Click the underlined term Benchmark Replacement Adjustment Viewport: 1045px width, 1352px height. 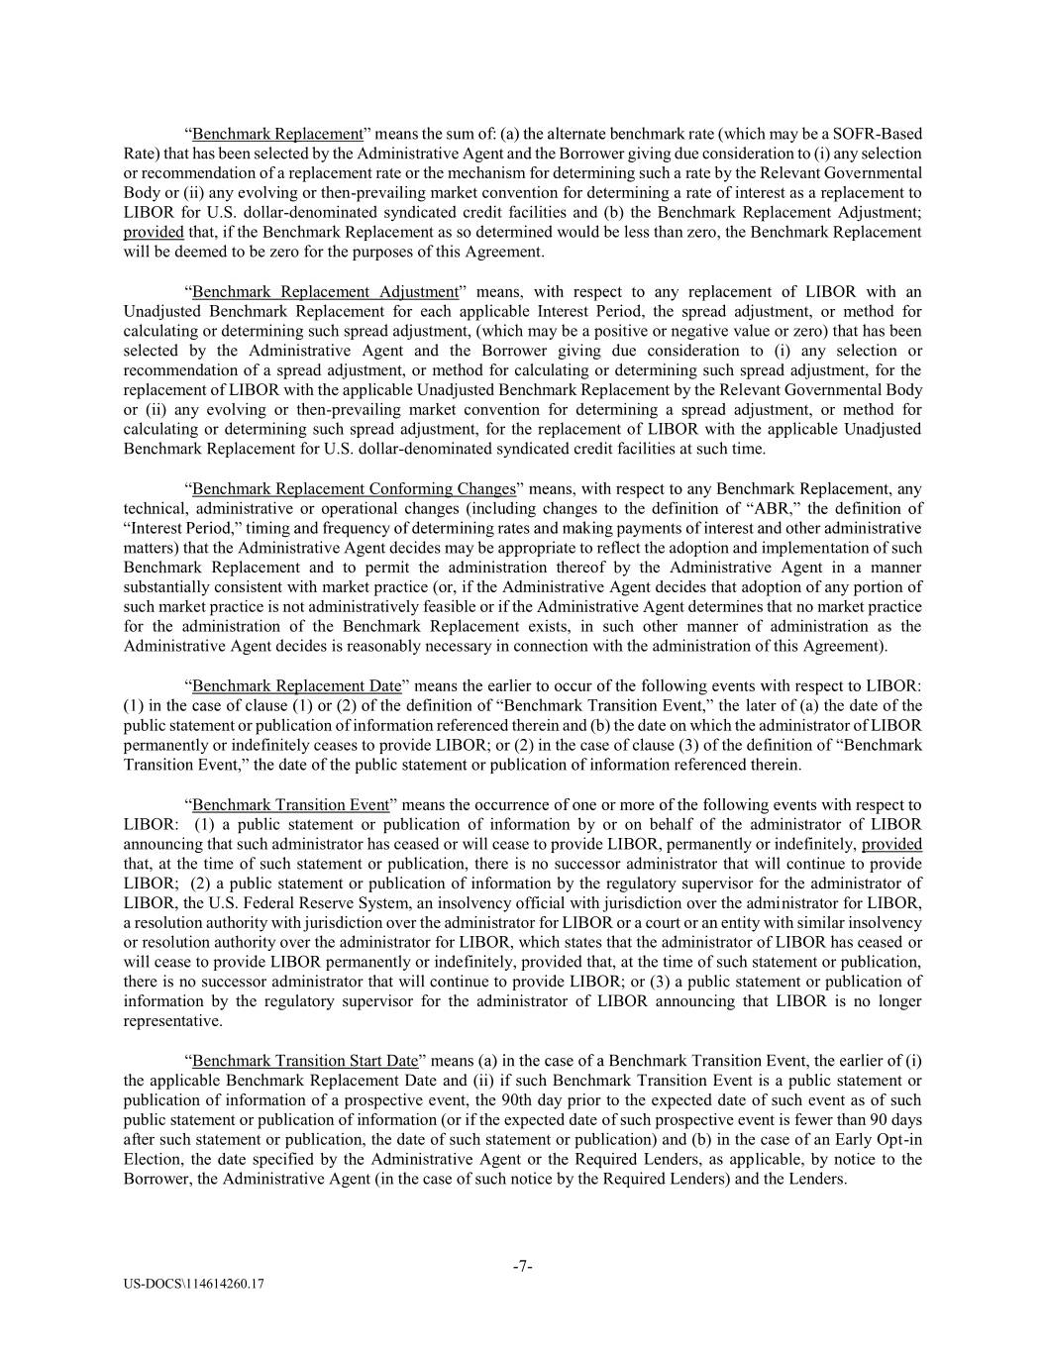pos(326,291)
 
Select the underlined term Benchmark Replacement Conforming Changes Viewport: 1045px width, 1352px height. pos(354,488)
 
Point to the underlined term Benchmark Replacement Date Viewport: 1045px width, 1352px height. pos(297,685)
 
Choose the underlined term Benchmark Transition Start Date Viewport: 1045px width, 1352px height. pos(305,1060)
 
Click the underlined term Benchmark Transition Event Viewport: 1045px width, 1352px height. pos(290,804)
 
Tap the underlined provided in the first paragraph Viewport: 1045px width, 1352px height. pos(154,232)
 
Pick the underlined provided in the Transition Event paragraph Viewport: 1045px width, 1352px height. pos(891,844)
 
